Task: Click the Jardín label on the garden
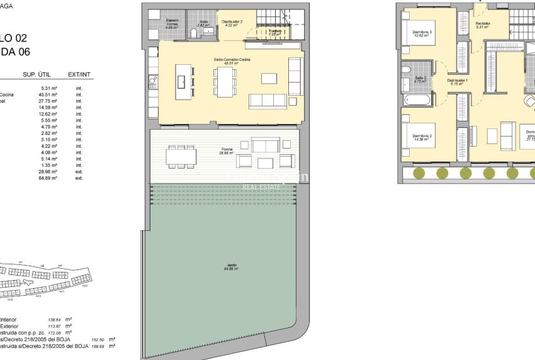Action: pyautogui.click(x=225, y=267)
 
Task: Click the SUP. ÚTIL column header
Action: pyautogui.click(x=37, y=75)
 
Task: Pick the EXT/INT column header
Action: pyautogui.click(x=79, y=75)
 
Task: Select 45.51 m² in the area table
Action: pyautogui.click(x=48, y=95)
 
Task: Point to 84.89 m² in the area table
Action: pyautogui.click(x=48, y=178)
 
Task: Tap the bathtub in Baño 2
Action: pyautogui.click(x=416, y=99)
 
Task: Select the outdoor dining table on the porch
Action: pyautogui.click(x=181, y=155)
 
